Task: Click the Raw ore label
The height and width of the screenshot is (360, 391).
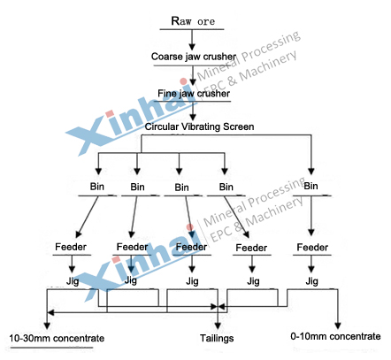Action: click(x=193, y=21)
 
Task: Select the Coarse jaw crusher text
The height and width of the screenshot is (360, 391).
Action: click(x=194, y=57)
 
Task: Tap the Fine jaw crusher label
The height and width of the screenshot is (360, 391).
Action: click(x=194, y=93)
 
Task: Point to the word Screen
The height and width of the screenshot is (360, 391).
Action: click(x=239, y=126)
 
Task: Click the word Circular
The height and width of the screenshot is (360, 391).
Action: click(x=162, y=126)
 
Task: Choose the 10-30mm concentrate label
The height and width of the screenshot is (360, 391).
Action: click(x=57, y=338)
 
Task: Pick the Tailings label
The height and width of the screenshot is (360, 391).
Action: click(x=217, y=338)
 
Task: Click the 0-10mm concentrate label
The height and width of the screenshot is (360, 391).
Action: click(x=335, y=336)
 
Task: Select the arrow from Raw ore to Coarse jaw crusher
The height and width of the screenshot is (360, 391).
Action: click(x=192, y=40)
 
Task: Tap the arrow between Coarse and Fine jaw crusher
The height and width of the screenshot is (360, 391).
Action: click(x=193, y=76)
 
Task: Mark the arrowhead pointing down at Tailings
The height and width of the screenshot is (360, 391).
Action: click(x=218, y=326)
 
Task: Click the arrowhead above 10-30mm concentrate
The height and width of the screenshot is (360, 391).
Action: click(x=47, y=326)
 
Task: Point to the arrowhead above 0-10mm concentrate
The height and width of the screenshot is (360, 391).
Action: click(x=338, y=326)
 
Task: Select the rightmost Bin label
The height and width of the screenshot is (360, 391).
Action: click(x=310, y=186)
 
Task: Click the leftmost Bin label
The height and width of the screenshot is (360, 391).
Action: click(x=97, y=187)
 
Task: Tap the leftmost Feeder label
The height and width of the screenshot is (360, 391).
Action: click(x=71, y=247)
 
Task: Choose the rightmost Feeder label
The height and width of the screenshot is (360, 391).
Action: click(x=312, y=247)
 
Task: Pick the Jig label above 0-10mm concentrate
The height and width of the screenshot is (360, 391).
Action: click(x=311, y=281)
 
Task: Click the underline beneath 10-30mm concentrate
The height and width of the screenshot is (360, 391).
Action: click(x=51, y=348)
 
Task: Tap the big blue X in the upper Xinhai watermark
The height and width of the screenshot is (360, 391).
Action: click(x=88, y=134)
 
